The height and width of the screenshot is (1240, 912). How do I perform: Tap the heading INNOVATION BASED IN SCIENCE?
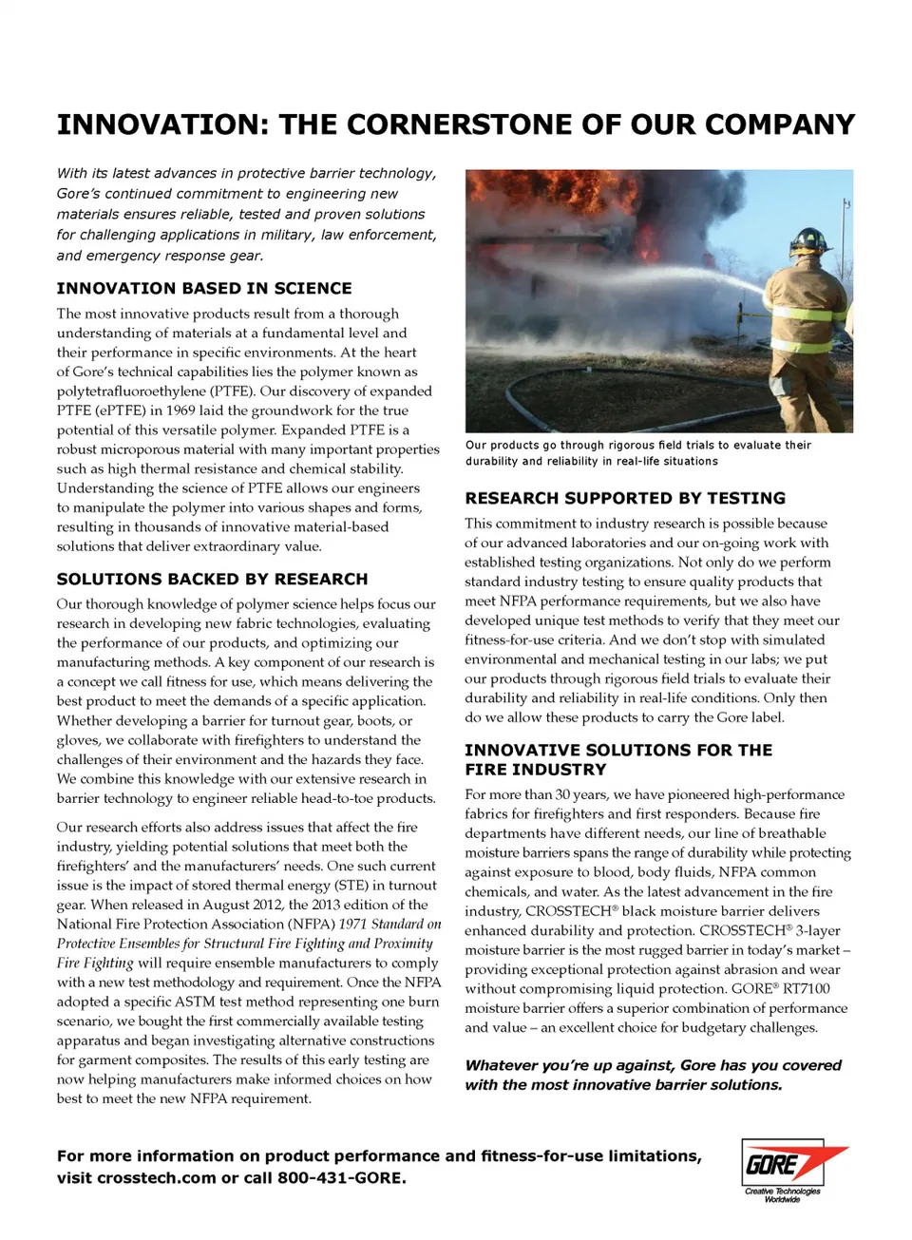[x=204, y=289]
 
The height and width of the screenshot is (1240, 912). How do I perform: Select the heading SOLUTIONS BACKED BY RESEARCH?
[x=212, y=580]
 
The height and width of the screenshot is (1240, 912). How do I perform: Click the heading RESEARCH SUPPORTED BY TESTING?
[x=625, y=498]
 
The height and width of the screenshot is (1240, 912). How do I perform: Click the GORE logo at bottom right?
[x=784, y=1163]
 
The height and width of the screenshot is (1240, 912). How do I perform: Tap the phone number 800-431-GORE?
[x=342, y=1178]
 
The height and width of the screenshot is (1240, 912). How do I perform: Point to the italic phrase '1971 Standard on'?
[x=389, y=924]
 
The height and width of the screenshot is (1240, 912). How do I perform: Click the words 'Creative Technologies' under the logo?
[x=783, y=1191]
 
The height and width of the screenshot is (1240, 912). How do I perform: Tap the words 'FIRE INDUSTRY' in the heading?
[x=535, y=770]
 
